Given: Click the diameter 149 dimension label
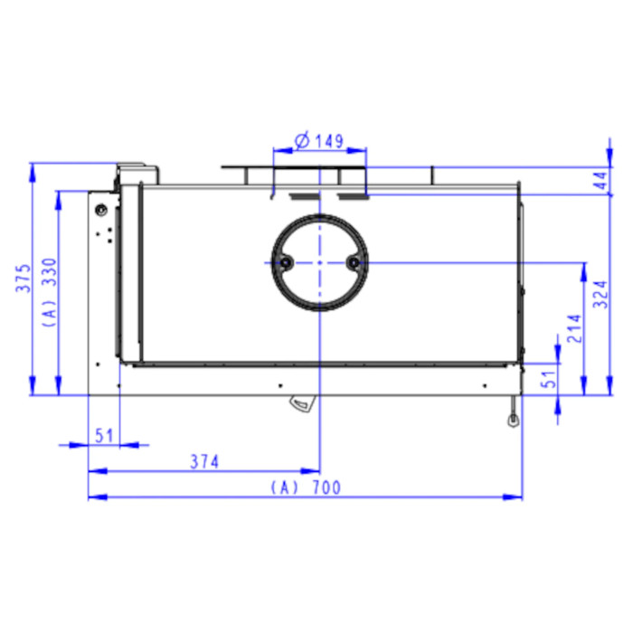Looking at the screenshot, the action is [319, 141].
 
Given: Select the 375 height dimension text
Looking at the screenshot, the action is [24, 279].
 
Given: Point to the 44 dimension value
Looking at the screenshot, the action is [600, 181].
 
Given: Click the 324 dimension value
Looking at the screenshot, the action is [600, 294].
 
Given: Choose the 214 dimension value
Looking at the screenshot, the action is [574, 328].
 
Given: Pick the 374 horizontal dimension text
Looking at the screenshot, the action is [204, 462].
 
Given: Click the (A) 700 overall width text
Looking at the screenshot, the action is [306, 487].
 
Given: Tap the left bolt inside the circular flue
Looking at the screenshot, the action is [286, 263].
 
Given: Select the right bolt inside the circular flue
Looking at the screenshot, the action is [354, 263].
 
